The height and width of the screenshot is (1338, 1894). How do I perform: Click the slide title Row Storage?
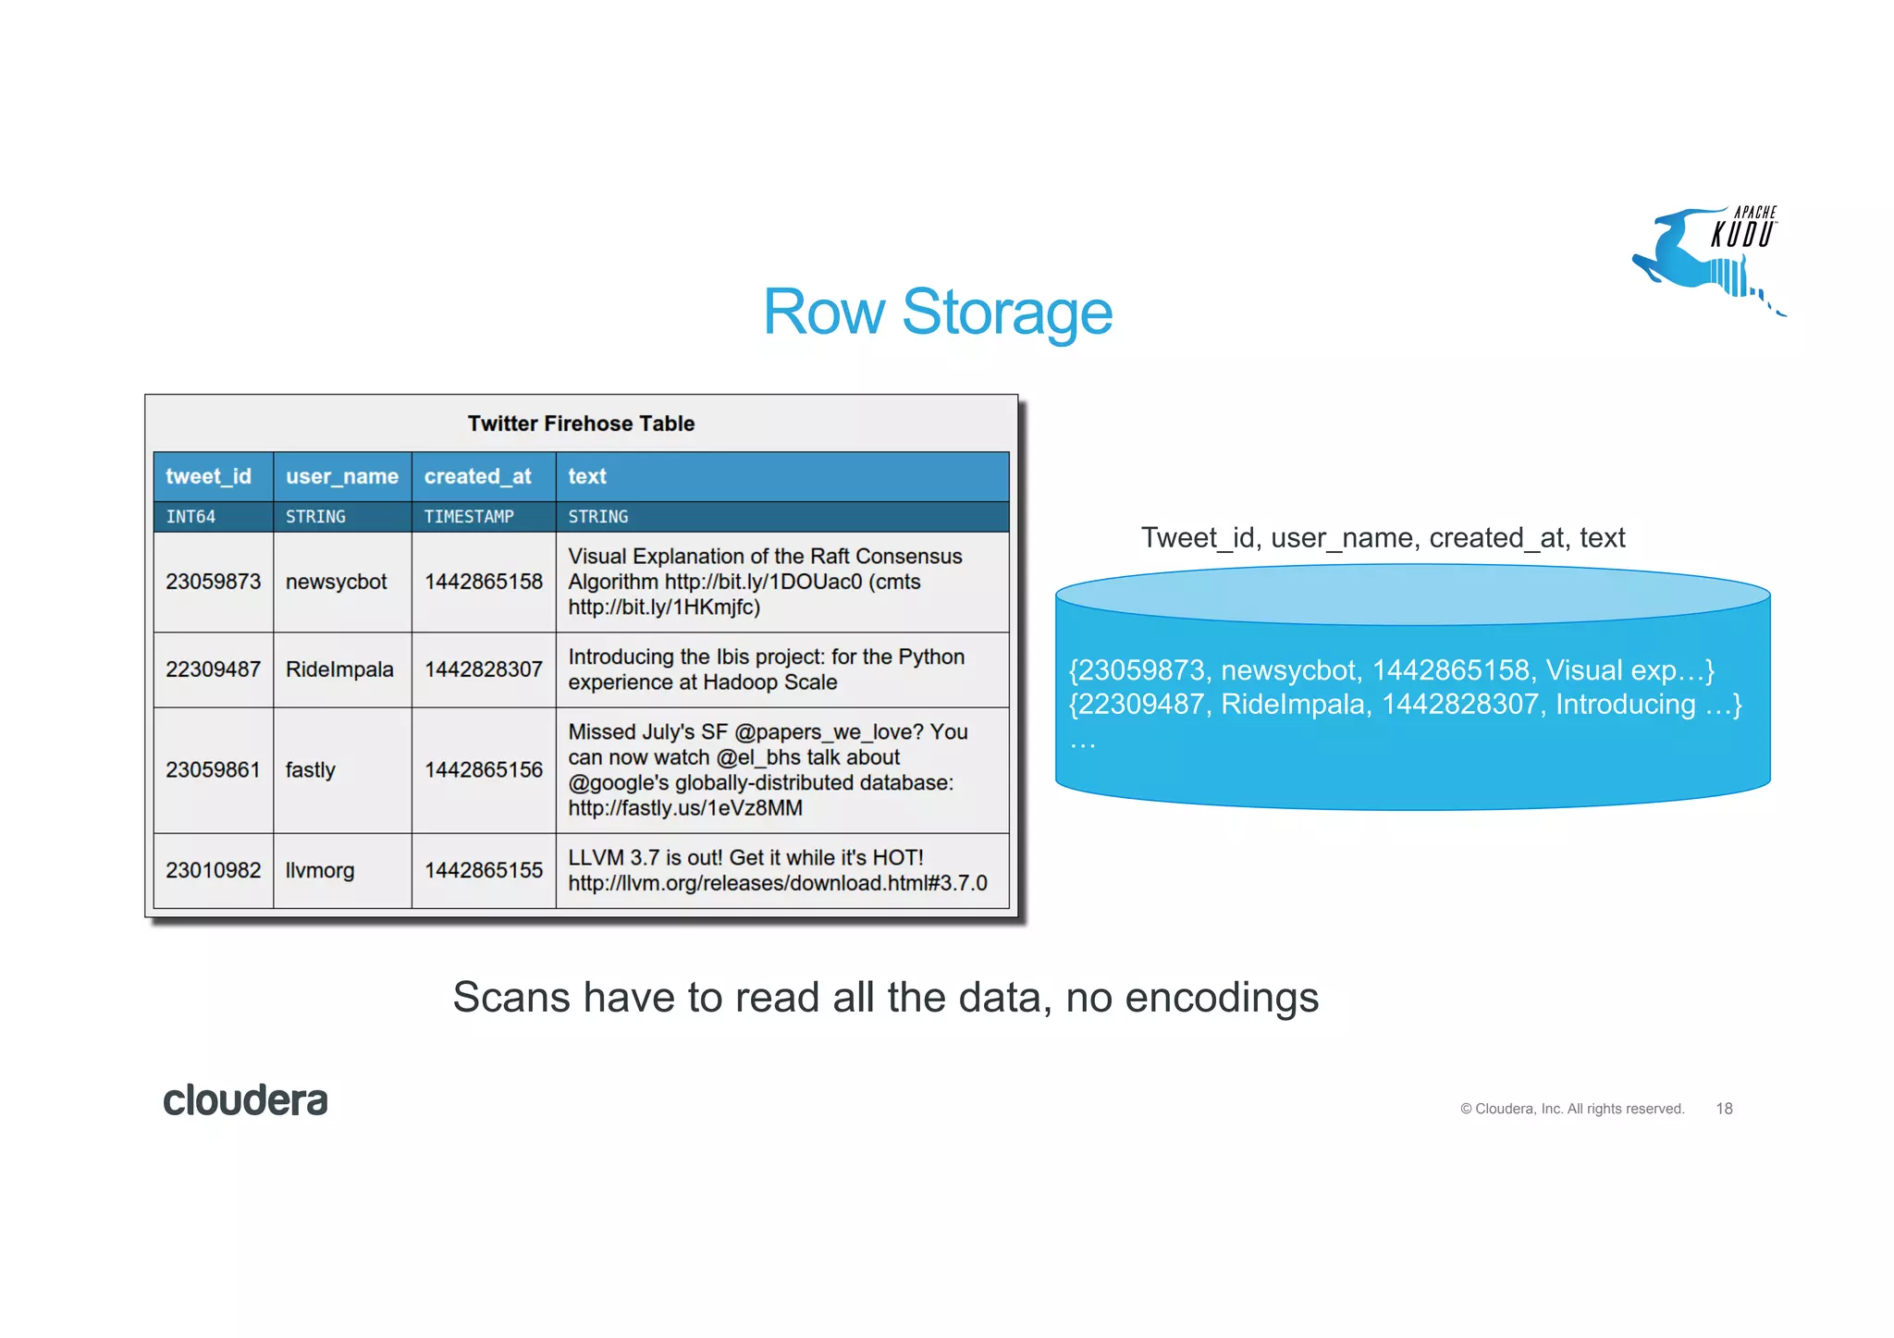click(937, 313)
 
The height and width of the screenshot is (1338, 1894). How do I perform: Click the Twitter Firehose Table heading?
click(581, 423)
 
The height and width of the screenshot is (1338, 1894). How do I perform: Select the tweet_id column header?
click(209, 476)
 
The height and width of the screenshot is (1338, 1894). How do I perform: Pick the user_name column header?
click(342, 476)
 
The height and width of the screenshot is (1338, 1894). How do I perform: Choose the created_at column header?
click(478, 476)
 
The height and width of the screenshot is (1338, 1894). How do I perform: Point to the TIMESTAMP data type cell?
click(469, 517)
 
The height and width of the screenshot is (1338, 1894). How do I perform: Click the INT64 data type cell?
click(191, 517)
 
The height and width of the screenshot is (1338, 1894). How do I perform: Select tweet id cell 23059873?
click(213, 582)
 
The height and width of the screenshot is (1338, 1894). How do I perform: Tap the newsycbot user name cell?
click(337, 582)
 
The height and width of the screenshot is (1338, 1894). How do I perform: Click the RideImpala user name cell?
click(339, 669)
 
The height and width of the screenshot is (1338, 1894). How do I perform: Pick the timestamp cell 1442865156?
click(483, 770)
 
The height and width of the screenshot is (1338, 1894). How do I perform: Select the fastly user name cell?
click(311, 770)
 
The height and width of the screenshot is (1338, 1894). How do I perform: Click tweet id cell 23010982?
click(213, 870)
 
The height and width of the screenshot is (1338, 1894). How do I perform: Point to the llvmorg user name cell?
click(320, 870)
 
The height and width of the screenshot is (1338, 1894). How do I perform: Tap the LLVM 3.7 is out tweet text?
click(777, 870)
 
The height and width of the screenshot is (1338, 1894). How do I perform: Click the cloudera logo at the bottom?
click(245, 1100)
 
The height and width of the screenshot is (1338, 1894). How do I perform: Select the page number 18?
click(1724, 1109)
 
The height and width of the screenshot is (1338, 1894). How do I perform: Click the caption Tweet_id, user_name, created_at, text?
click(1383, 537)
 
